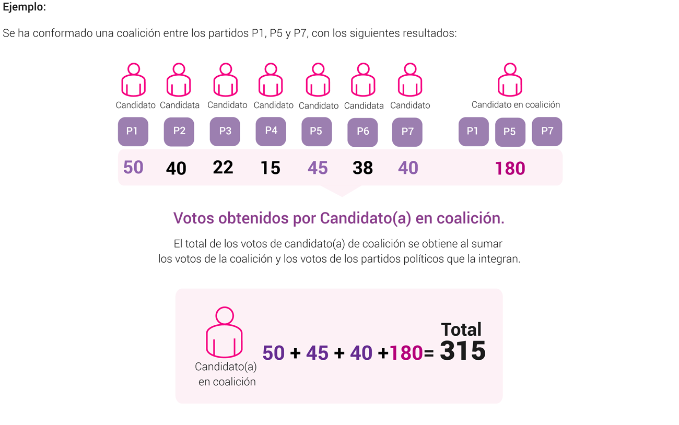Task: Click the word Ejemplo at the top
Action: coord(24,8)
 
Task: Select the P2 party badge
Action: coord(179,132)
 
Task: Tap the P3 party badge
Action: coord(225,132)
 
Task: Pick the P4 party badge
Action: coord(271,131)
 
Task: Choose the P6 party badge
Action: coord(362,132)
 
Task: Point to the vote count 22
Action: coord(223,168)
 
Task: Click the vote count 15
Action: coord(271,168)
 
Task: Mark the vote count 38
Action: coord(362,168)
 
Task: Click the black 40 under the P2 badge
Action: coord(176,169)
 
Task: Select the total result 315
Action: coord(463,351)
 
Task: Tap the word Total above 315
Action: coord(461,329)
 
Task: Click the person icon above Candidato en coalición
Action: coord(510,80)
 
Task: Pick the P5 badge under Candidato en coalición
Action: coord(510,132)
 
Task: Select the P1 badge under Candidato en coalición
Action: coord(473,131)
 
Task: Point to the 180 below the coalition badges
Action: coord(510,169)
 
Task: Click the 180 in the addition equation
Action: coord(406,353)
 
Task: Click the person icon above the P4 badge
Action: coord(271,80)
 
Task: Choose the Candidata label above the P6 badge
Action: coord(364,105)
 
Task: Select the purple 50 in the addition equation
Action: coord(273,353)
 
